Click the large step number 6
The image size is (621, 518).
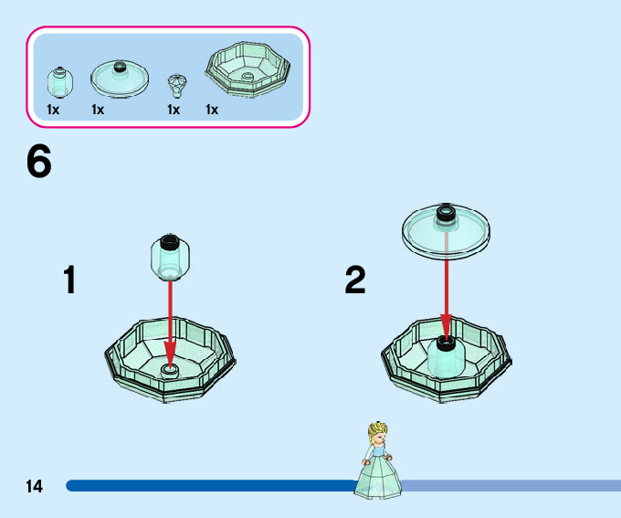pos(38,164)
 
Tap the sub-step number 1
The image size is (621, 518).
pos(69,280)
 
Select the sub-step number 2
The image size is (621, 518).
pos(355,280)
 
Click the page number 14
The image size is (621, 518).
pos(34,487)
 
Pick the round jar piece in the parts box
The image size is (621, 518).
pos(58,84)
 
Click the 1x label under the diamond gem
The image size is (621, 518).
pos(174,111)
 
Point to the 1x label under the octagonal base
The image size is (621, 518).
pos(212,111)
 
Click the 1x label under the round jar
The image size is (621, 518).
pos(53,111)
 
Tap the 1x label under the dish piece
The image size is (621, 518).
pos(98,111)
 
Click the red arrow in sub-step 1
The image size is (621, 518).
pos(170,320)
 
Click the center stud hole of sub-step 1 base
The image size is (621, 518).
pos(169,369)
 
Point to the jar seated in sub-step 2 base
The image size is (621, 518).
pos(446,355)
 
